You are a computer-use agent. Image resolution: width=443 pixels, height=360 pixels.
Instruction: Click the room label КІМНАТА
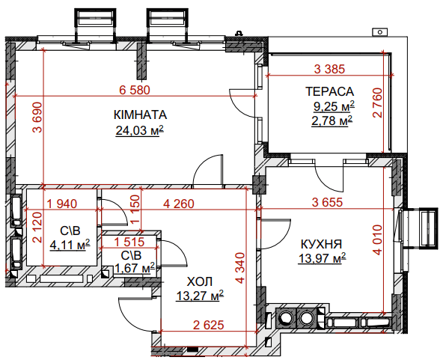(x=140, y=115)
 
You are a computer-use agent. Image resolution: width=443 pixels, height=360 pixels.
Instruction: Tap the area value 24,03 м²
(x=140, y=130)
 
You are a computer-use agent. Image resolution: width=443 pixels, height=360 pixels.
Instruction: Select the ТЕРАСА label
(x=330, y=91)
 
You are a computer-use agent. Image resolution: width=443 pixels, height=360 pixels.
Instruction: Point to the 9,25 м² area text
(x=334, y=106)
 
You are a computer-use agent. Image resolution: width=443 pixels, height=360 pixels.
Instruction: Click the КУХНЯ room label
(x=321, y=244)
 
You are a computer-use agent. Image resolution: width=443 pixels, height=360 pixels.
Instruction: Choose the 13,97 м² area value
(x=322, y=258)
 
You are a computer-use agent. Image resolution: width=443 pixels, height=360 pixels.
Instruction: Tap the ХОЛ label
(x=200, y=282)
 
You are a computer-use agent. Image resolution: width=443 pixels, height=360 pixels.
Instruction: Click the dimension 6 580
(x=135, y=90)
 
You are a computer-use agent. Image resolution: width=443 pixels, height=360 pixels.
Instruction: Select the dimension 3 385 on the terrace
(x=330, y=69)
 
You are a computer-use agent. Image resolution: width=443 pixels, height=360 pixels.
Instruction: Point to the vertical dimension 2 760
(x=377, y=103)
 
